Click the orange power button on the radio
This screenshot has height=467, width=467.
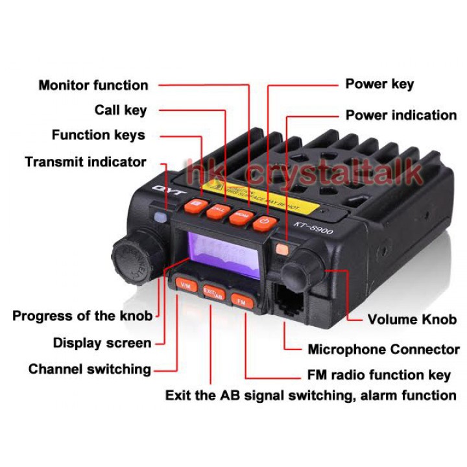(263, 222)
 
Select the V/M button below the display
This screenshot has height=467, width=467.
(185, 285)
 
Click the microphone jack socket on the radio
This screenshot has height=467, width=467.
(289, 298)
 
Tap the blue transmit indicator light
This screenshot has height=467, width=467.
(160, 217)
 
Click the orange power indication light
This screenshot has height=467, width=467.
(281, 248)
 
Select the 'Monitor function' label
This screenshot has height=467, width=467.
(93, 85)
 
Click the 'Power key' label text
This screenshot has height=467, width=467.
(379, 84)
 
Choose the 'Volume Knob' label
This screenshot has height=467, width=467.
(412, 319)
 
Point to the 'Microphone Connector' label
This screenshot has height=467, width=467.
(383, 350)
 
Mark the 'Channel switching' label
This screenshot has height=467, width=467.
(90, 369)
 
